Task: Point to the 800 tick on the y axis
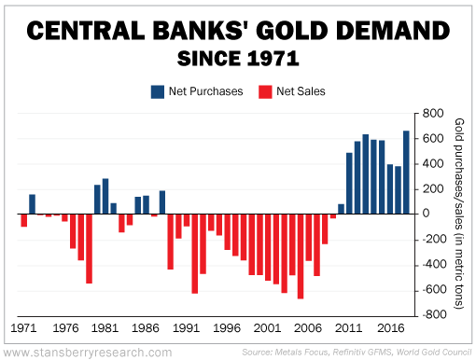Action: coord(431,114)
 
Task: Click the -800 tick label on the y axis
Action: coord(429,315)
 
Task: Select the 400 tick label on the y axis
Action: coord(431,164)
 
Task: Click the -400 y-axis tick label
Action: coord(429,265)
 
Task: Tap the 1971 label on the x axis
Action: coord(24,328)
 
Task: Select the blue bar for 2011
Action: coord(349,183)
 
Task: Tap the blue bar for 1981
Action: coord(105,196)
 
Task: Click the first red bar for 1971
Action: coord(24,220)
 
